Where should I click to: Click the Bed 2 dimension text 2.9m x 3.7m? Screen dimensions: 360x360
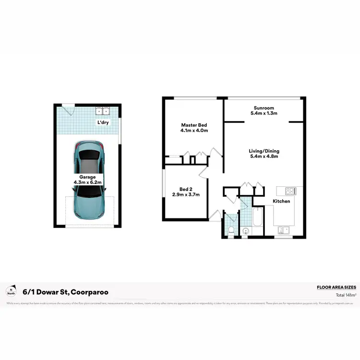186,194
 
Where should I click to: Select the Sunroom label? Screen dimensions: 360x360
264,108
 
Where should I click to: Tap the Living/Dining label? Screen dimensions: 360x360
264,151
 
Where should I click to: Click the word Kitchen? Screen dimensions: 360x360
281,201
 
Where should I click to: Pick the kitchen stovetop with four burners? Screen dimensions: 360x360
290,191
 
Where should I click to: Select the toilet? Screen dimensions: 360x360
231,231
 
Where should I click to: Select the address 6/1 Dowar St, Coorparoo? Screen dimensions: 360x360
65,292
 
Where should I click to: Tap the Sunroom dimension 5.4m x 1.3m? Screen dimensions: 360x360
264,113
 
